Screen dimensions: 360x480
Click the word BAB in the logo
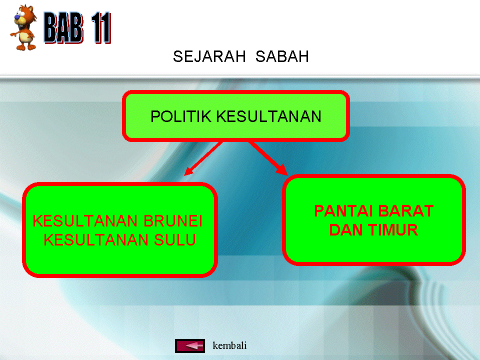click(63, 29)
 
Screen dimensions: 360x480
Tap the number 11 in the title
click(99, 29)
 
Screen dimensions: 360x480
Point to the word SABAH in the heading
click(282, 57)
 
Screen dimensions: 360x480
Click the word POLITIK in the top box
click(181, 116)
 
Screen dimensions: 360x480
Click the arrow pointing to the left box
click(202, 159)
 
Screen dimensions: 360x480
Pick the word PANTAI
click(343, 211)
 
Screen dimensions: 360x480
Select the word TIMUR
click(393, 230)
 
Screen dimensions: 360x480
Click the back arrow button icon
click(190, 345)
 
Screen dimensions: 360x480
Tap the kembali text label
click(229, 345)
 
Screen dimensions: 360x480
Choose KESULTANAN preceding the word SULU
click(93, 240)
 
